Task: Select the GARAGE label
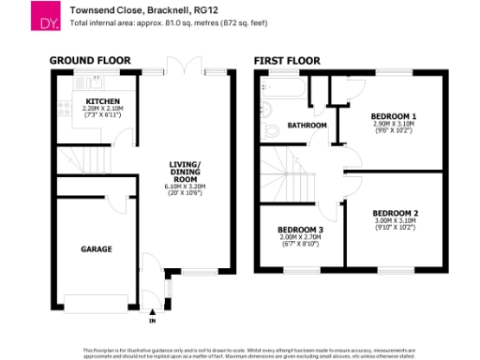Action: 96,249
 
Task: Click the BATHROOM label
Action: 307,125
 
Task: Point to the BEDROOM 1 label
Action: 395,116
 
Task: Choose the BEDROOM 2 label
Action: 395,213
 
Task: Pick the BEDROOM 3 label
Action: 301,230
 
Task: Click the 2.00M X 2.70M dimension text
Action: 301,238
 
